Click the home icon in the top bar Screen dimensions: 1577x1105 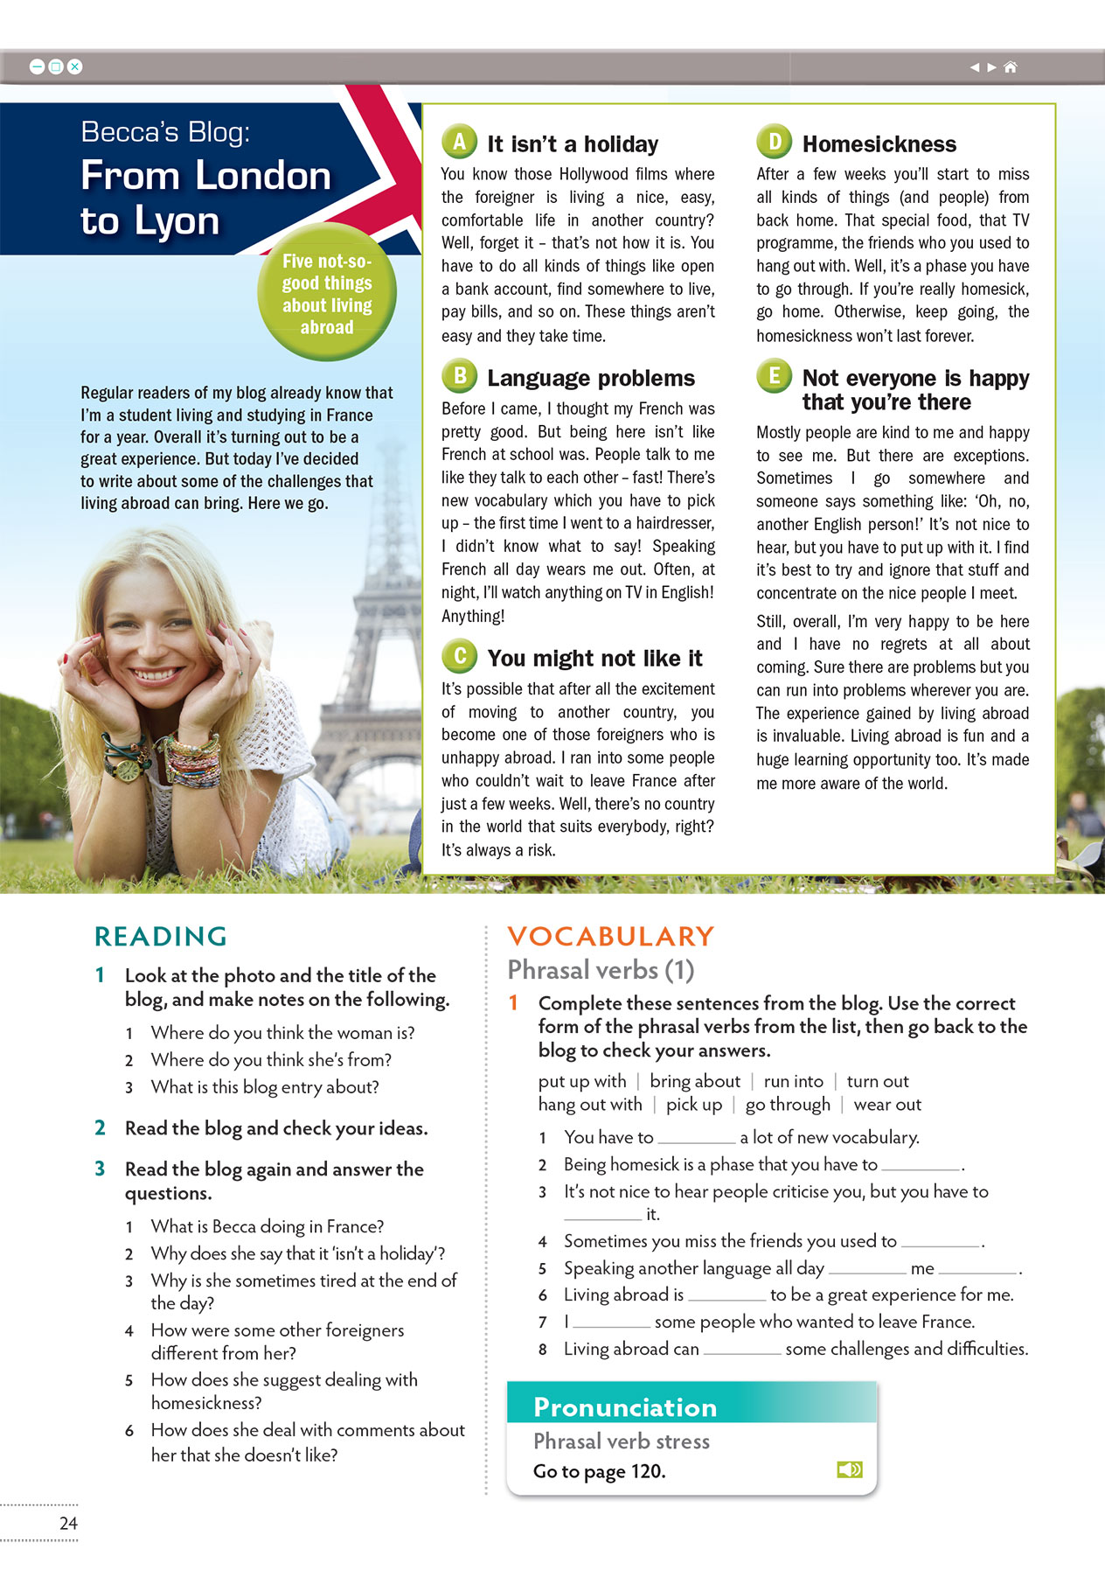tap(1011, 67)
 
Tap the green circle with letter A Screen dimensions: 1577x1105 tap(459, 142)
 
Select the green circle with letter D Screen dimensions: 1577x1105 tap(774, 142)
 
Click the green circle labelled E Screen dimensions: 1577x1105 tap(774, 376)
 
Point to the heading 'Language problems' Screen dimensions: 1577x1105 tap(591, 378)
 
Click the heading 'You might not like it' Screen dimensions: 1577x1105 tap(594, 658)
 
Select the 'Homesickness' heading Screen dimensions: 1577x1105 tap(879, 144)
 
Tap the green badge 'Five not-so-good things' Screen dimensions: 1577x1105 tap(327, 294)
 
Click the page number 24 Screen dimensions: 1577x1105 tap(68, 1523)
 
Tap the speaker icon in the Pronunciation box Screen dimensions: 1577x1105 tap(849, 1469)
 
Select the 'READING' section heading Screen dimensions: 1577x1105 tap(161, 936)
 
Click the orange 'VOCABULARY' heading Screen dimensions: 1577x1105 tap(610, 936)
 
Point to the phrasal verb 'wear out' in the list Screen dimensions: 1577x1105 tap(887, 1105)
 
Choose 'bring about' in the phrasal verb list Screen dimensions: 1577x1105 tap(695, 1081)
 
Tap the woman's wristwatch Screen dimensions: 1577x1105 tap(129, 768)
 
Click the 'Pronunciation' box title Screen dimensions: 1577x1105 tap(625, 1406)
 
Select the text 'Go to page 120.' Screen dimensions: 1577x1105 tap(600, 1471)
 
